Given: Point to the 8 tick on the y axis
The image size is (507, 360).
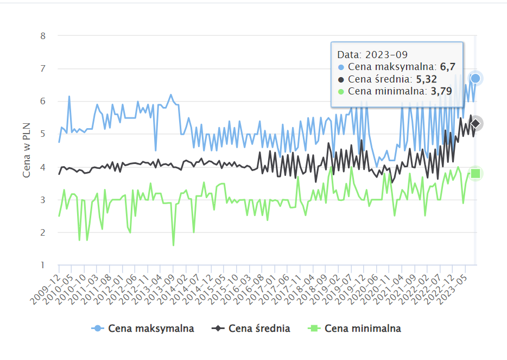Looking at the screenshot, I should pyautogui.click(x=43, y=36).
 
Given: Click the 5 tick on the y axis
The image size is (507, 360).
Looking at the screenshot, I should pyautogui.click(x=43, y=134).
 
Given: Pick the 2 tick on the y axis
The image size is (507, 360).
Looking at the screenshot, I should pyautogui.click(x=43, y=232).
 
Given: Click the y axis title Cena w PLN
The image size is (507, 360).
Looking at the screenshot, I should pyautogui.click(x=27, y=150).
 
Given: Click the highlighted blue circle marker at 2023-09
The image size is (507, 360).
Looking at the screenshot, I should pyautogui.click(x=476, y=79).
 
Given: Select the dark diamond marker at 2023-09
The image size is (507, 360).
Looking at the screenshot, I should pyautogui.click(x=476, y=124).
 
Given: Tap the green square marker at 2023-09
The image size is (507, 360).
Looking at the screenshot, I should pyautogui.click(x=476, y=173).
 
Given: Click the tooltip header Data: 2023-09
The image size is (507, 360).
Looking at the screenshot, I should pyautogui.click(x=372, y=55).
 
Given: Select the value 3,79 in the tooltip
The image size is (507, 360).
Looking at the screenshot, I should pyautogui.click(x=441, y=91).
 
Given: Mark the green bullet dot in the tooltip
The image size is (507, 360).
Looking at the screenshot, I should pyautogui.click(x=341, y=91).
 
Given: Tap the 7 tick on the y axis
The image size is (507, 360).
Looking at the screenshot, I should pyautogui.click(x=43, y=68).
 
